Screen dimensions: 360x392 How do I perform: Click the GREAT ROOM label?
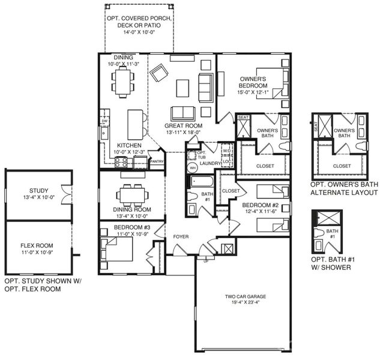click(x=182, y=126)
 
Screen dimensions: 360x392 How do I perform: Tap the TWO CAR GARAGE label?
click(x=245, y=296)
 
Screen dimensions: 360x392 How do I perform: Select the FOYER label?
click(x=181, y=236)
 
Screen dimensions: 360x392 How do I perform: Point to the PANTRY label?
click(x=157, y=161)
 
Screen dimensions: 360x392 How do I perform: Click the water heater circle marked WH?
click(x=193, y=168)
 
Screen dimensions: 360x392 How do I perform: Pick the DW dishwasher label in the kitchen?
click(x=104, y=121)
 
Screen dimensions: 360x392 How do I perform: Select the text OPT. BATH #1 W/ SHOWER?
click(x=331, y=263)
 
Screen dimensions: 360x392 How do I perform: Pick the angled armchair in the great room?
click(x=160, y=73)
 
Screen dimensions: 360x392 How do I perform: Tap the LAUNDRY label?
click(x=211, y=163)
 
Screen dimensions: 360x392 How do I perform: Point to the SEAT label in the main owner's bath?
click(x=244, y=118)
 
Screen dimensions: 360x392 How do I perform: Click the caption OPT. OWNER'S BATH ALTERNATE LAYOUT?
click(x=344, y=189)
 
